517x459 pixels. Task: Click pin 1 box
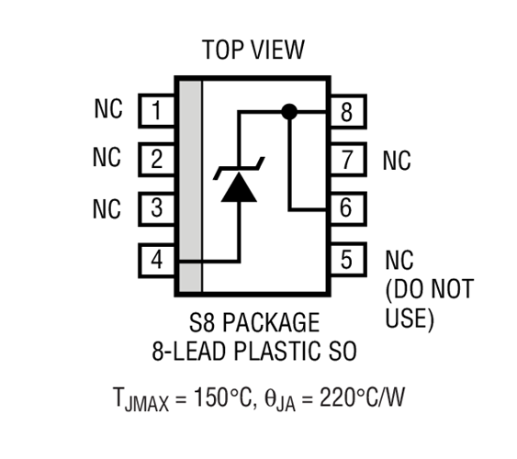pyautogui.click(x=158, y=112)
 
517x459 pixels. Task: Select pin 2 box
pyautogui.click(x=158, y=160)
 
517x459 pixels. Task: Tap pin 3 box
pyautogui.click(x=158, y=208)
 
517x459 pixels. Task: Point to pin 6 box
pyautogui.click(x=345, y=208)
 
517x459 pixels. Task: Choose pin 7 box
pyautogui.click(x=345, y=160)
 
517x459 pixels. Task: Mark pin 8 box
pyautogui.click(x=345, y=112)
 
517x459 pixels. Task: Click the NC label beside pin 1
pyautogui.click(x=107, y=110)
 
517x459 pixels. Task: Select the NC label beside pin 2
pyautogui.click(x=107, y=158)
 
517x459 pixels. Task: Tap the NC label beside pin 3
pyautogui.click(x=107, y=208)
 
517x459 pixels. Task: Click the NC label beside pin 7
pyautogui.click(x=397, y=162)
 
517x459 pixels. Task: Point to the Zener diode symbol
pyautogui.click(x=239, y=182)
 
